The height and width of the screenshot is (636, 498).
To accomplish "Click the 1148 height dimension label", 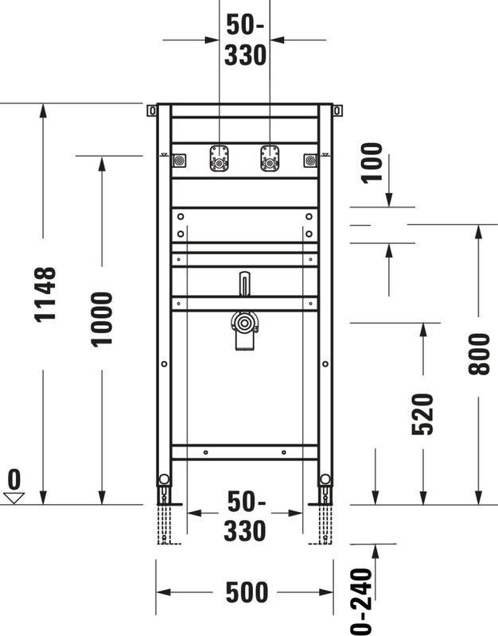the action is point(45,295).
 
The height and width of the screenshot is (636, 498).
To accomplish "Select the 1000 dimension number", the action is point(102,320).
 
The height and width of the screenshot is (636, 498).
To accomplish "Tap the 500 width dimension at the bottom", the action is point(247,592).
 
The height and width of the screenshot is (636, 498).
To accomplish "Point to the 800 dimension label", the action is point(479,354).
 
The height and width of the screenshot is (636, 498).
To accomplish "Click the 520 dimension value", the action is point(422,414).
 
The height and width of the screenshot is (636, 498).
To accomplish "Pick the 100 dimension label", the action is point(372,163).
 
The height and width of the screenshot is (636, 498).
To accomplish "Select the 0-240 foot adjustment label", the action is point(361,602).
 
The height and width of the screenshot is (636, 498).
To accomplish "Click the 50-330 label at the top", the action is point(245,40).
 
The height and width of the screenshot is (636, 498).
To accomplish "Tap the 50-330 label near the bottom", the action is point(245,516).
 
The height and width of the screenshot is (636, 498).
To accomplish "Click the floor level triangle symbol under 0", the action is point(14,498).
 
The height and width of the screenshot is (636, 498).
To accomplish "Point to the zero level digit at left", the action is point(14,479).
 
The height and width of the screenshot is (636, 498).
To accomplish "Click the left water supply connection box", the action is point(220,158).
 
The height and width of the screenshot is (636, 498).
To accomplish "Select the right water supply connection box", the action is point(270,158).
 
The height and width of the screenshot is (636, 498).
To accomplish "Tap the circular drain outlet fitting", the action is point(244,324).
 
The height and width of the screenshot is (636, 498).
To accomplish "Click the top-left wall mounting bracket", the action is point(152,111).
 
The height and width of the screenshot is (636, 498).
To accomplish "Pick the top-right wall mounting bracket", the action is point(337,111).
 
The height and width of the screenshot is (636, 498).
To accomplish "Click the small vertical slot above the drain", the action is point(244,283).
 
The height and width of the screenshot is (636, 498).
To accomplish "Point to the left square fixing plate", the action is point(179,161).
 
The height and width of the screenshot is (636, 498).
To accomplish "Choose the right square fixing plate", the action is point(310,161).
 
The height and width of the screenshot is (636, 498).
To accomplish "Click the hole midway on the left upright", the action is point(164,364).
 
